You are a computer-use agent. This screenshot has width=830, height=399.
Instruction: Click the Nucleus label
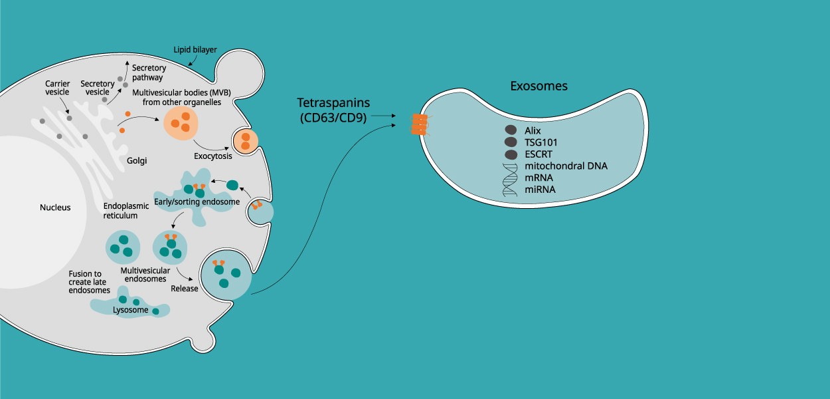click(55, 207)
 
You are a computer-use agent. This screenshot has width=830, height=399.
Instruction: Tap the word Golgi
click(136, 161)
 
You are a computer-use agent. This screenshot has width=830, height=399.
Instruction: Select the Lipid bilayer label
click(195, 50)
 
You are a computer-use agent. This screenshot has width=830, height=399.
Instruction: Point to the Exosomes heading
click(539, 86)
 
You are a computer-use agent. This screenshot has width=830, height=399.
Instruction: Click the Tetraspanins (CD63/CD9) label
click(333, 110)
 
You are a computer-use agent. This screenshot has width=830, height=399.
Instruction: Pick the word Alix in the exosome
click(533, 130)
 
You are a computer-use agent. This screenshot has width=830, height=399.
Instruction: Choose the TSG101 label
click(540, 142)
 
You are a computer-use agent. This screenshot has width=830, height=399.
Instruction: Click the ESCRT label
click(539, 154)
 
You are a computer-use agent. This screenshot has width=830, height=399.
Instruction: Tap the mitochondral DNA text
click(566, 166)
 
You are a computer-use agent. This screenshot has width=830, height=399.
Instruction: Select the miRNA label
click(539, 190)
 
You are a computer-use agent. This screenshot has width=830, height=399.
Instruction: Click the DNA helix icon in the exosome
click(511, 179)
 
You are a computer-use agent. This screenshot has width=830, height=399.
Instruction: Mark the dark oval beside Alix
click(511, 130)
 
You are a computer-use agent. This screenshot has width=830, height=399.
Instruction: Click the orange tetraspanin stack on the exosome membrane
click(419, 124)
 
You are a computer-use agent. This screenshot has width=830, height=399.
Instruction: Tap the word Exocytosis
click(213, 157)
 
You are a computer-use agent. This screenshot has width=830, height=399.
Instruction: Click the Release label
click(185, 289)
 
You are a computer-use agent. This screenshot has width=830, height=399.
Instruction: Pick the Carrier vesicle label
click(57, 88)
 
